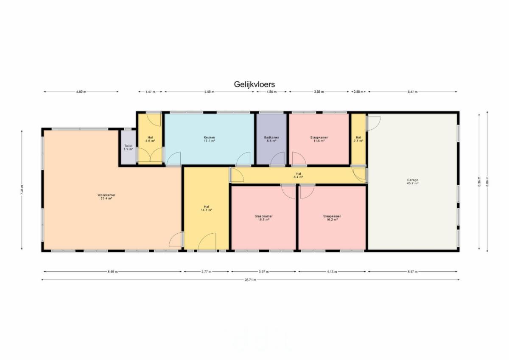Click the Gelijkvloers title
[x=254, y=84]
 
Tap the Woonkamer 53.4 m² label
[x=106, y=197]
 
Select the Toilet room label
[x=128, y=148]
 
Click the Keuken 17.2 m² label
[x=209, y=139]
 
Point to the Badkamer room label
[x=271, y=139]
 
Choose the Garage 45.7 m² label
[x=413, y=181]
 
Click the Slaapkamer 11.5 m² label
[x=319, y=139]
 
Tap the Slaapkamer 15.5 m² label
[x=263, y=218]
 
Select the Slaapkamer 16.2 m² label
[x=332, y=218]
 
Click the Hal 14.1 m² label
[x=206, y=208]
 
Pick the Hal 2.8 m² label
[x=358, y=139]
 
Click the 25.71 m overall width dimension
[x=250, y=280]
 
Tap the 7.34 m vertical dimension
[x=22, y=190]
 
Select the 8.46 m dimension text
[x=113, y=272]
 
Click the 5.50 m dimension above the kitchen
[x=209, y=92]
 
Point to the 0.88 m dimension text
[x=358, y=92]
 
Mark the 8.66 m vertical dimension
[x=487, y=182]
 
